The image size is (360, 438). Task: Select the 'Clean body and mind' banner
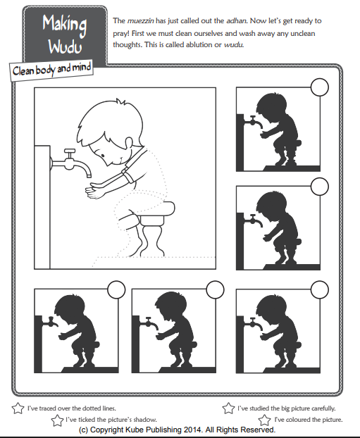click(x=51, y=70)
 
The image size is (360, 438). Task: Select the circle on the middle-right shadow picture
click(x=319, y=186)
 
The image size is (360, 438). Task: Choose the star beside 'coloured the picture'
click(x=266, y=419)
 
